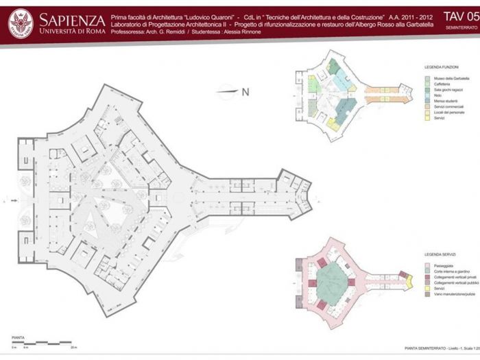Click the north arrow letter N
pos(244,91)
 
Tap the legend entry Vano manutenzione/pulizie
pos(450,294)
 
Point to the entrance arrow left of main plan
pos(15,202)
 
